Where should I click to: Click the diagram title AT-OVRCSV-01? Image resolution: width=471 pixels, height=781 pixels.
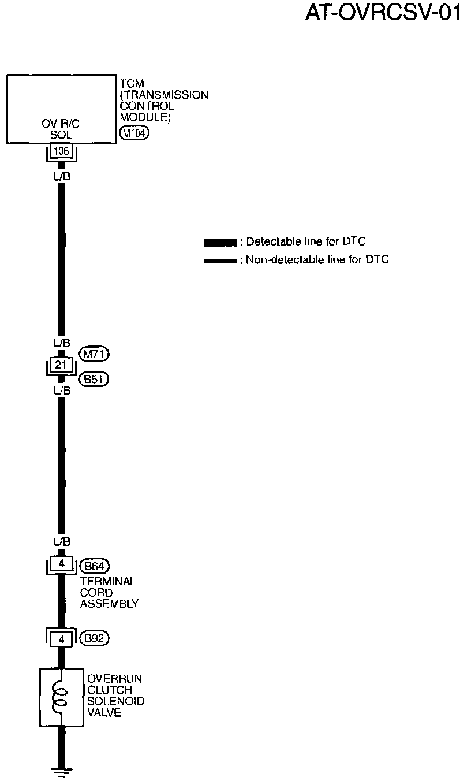383,13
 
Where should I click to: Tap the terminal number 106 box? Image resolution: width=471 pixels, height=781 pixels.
61,151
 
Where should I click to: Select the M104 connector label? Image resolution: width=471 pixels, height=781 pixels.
133,134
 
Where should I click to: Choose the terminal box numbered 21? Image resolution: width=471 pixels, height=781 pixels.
61,365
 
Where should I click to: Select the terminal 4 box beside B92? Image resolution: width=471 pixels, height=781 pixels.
61,639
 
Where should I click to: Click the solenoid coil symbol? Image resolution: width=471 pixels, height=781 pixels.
59,697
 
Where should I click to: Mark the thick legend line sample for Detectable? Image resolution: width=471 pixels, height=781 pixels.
220,242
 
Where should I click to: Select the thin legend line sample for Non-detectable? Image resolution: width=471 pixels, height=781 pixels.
220,261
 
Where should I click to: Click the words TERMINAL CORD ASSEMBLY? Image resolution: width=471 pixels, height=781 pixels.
109,593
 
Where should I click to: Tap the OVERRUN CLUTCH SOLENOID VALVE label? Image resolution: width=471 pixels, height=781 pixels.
115,696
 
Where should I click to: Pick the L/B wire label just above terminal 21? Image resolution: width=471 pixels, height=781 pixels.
61,343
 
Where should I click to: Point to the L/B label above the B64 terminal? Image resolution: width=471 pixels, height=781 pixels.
61,542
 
